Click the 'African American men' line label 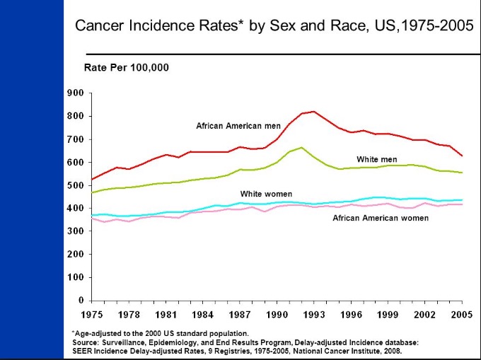238,126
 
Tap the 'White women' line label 266,194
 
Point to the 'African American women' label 381,218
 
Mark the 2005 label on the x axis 463,313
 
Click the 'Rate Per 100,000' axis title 127,68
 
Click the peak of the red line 313,111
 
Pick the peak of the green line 301,147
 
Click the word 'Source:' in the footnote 86,342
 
